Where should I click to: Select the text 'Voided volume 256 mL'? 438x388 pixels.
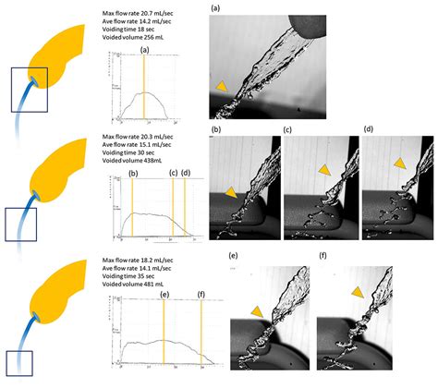tap(144, 38)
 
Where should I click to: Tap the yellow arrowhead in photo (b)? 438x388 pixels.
tap(230, 191)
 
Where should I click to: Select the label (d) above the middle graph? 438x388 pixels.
tap(185, 173)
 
